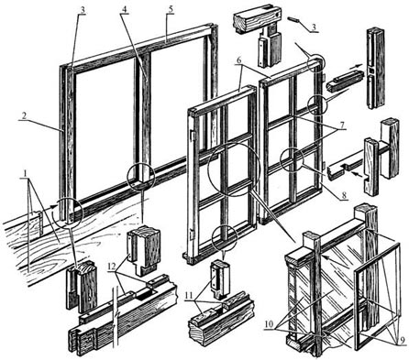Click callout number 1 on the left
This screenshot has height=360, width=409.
click(26, 173)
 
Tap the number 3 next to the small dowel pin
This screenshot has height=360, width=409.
click(313, 27)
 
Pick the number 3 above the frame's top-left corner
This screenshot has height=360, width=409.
click(82, 9)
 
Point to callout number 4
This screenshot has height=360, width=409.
click(124, 9)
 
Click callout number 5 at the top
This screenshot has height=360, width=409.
click(171, 9)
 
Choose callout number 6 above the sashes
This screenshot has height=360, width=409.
click(239, 60)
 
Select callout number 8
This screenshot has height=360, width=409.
click(344, 194)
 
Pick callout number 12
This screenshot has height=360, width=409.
click(113, 266)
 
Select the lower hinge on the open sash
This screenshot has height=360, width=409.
click(191, 234)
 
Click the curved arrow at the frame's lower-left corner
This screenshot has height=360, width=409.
click(53, 211)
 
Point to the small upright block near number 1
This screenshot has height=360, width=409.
click(36, 224)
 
